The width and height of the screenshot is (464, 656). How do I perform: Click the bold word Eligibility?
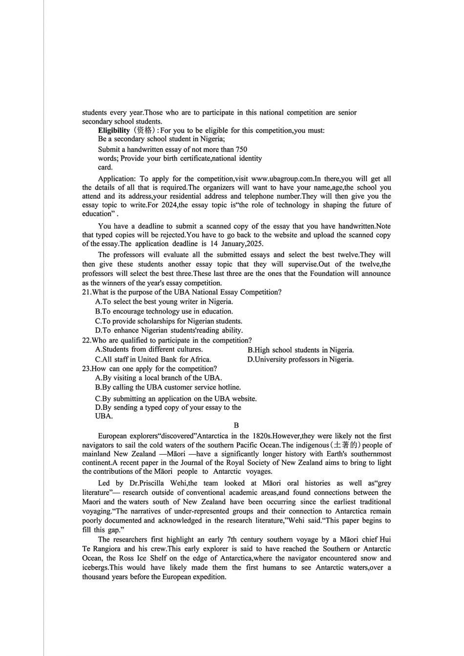(114, 130)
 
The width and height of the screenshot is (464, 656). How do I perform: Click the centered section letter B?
(236, 425)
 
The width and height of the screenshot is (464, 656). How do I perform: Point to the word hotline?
(229, 387)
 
